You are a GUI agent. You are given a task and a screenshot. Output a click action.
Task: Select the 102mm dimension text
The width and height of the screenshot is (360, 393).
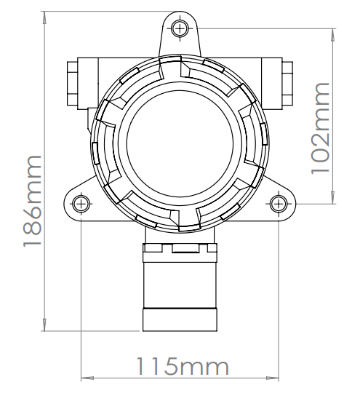tap(321, 127)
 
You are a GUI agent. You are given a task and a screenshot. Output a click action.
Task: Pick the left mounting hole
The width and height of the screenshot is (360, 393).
tap(81, 202)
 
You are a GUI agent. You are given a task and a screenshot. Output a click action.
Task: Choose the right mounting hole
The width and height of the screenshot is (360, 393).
tap(278, 202)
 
